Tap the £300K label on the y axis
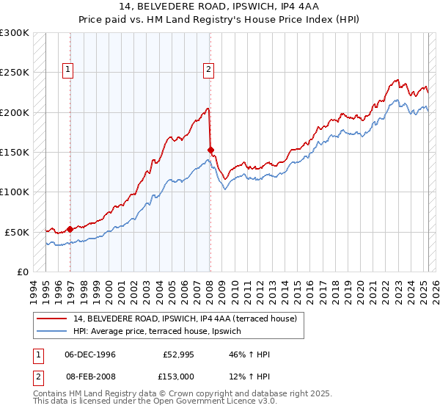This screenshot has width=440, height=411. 15,33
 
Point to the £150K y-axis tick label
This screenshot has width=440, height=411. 15,153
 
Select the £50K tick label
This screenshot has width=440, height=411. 17,232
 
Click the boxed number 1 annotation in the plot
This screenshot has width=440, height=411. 67,70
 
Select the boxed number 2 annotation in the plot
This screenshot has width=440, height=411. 208,70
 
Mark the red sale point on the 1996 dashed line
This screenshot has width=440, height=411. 70,229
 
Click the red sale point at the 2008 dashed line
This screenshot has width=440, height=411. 211,150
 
